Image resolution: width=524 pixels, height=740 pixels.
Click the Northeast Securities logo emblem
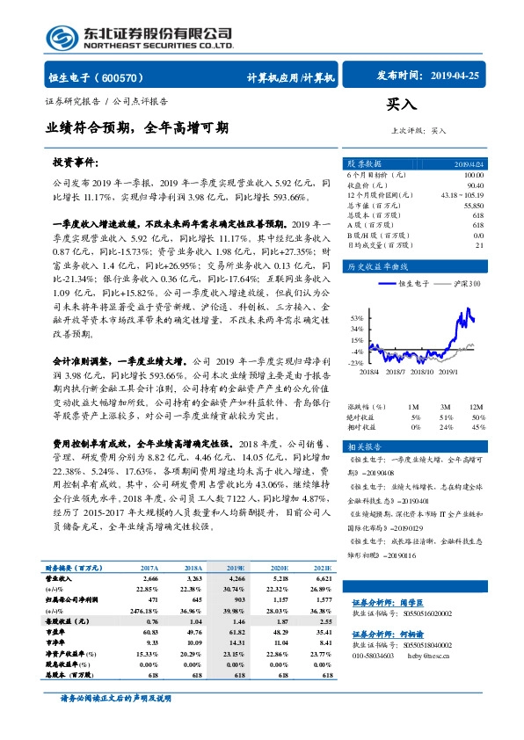click(x=62, y=38)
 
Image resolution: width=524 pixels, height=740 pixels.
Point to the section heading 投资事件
click(x=75, y=163)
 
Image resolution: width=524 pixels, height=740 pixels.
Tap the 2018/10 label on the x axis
click(x=425, y=373)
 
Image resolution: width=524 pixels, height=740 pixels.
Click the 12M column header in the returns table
click(x=477, y=407)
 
